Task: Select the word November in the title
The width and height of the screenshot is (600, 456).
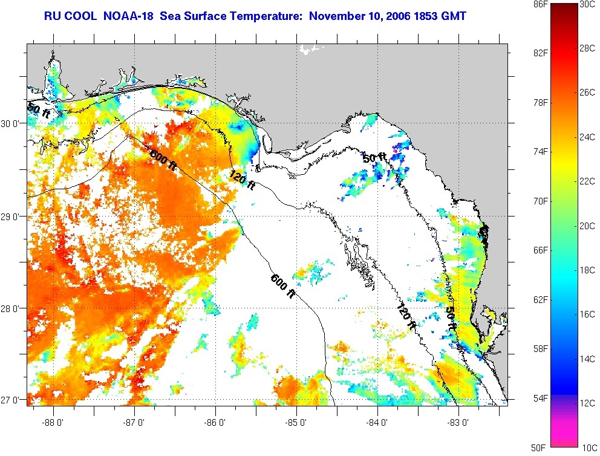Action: [334, 15]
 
